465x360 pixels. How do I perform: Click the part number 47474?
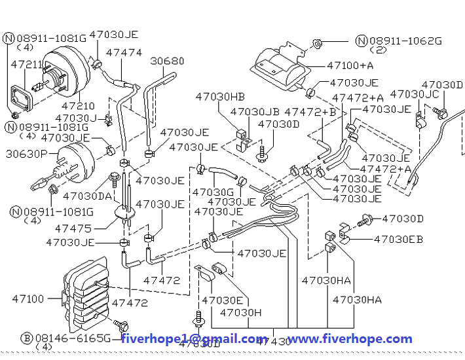tap(123, 52)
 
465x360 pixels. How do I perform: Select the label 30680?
tap(168, 61)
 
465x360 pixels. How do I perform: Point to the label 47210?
tap(78, 105)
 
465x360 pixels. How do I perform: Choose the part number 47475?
tap(73, 228)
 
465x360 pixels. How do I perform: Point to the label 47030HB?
tap(220, 97)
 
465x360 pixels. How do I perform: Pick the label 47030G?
tap(213, 192)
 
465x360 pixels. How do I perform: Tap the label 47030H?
tap(240, 313)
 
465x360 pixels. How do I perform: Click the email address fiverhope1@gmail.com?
tap(195, 338)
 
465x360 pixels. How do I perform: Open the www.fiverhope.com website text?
tap(350, 338)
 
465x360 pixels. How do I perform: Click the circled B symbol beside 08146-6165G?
tap(27, 338)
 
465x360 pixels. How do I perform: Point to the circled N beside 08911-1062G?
tap(362, 41)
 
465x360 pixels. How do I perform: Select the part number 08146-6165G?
tap(73, 338)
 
